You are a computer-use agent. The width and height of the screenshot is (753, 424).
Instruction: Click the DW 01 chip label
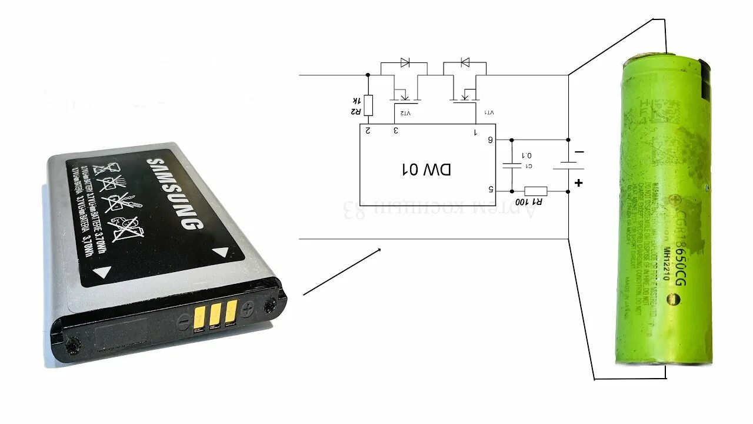pyautogui.click(x=427, y=170)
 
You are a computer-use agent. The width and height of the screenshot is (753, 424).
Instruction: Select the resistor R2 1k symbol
pyautogui.click(x=368, y=105)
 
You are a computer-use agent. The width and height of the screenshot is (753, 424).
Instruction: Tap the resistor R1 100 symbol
pyautogui.click(x=535, y=191)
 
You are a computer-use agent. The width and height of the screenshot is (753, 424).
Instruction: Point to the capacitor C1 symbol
pyautogui.click(x=512, y=165)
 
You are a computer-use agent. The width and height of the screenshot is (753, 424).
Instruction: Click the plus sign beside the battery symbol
pyautogui.click(x=579, y=183)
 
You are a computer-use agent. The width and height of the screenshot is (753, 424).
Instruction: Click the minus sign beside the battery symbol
pyautogui.click(x=579, y=152)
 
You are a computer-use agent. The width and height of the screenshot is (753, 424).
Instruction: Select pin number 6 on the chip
pyautogui.click(x=489, y=140)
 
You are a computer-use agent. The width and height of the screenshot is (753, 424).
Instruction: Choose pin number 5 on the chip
pyautogui.click(x=489, y=190)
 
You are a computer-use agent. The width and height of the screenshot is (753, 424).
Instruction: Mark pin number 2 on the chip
pyautogui.click(x=368, y=130)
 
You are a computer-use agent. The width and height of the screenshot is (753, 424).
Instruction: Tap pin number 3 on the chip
pyautogui.click(x=395, y=130)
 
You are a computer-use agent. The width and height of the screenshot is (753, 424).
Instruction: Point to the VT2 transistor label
pyautogui.click(x=405, y=112)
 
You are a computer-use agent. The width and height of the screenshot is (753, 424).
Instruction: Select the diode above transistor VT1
pyautogui.click(x=465, y=62)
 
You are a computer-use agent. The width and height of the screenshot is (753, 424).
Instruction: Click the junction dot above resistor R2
pyautogui.click(x=368, y=75)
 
